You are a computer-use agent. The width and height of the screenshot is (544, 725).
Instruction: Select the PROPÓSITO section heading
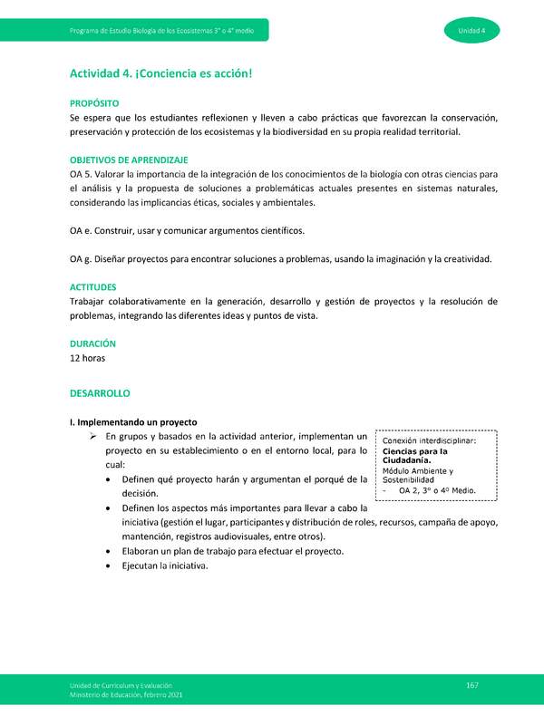[95, 103]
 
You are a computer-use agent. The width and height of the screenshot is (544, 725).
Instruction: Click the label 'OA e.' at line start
[83, 231]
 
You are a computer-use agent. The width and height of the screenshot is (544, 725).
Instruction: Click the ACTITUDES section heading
[92, 286]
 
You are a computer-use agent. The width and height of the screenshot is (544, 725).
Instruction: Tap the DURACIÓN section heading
[92, 343]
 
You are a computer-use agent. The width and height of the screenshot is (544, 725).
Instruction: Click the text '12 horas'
[87, 358]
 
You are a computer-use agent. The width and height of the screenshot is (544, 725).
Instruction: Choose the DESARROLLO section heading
[100, 394]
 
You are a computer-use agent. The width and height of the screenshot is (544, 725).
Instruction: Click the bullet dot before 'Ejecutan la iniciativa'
[110, 566]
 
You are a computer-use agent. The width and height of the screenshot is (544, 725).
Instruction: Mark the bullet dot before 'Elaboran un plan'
[110, 552]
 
